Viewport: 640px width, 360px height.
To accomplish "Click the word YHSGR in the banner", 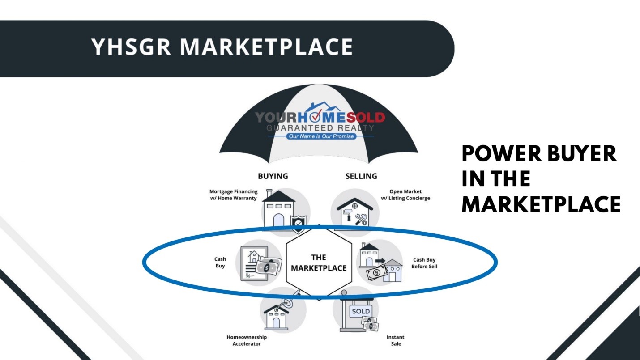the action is coord(131,47).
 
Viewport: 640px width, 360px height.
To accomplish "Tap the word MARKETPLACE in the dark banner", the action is coord(267,47).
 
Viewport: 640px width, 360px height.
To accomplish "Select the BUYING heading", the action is coord(273,176).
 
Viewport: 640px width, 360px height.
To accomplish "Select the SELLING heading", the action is coord(361,176).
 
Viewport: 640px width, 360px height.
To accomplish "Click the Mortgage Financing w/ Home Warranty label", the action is coord(234,195).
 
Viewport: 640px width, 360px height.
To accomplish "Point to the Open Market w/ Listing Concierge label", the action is coord(405,195).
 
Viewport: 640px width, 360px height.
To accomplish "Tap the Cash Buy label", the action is coord(220,263).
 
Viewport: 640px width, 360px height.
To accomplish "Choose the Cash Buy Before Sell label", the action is coord(424,263).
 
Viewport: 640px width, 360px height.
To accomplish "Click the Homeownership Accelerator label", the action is coord(247,340).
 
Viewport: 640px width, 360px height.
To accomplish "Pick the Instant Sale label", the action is coord(396,340).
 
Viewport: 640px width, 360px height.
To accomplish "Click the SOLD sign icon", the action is coord(361,311).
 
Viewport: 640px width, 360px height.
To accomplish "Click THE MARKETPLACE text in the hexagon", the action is coord(319,263).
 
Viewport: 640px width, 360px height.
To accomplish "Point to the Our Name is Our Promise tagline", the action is coord(321,136).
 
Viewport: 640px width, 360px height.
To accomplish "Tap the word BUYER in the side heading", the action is coord(582,153).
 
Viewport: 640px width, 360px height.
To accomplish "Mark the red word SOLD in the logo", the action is coord(366,117).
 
